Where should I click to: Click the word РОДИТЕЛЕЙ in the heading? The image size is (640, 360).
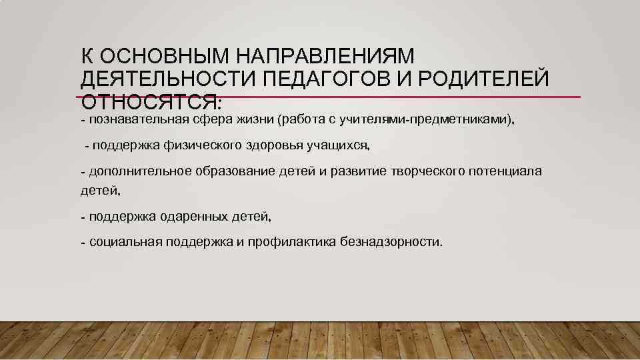pos(486,79)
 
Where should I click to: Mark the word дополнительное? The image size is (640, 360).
pos(137,171)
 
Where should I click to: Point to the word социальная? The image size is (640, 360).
pos(125,241)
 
